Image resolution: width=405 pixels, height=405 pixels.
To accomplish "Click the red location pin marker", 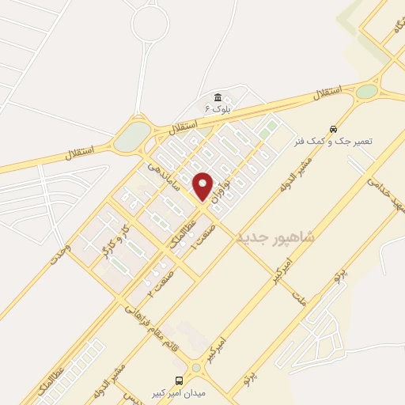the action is pyautogui.click(x=203, y=186).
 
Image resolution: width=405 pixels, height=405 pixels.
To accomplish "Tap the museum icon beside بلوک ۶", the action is pyautogui.click(x=218, y=97).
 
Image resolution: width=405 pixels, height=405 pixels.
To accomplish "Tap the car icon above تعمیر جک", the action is pyautogui.click(x=333, y=128).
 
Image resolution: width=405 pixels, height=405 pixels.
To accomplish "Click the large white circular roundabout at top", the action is pyautogui.click(x=150, y=25).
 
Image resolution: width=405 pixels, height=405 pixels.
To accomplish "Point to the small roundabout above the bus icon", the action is pyautogui.click(x=195, y=367).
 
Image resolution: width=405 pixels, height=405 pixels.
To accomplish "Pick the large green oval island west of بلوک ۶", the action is pyautogui.click(x=133, y=135).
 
